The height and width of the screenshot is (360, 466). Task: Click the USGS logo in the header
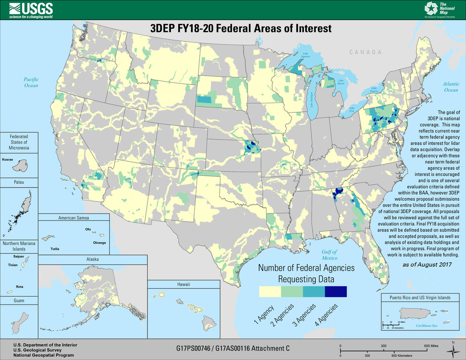coord(31,10)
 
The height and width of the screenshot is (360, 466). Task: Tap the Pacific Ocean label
coord(31,82)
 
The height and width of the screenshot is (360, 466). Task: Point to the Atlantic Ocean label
coord(451,87)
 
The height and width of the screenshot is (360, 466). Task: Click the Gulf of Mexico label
coord(329,255)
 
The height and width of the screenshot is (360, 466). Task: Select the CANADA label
coord(366,52)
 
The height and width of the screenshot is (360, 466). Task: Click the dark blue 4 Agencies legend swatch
coord(336,292)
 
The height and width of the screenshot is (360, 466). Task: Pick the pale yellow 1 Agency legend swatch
coord(270,292)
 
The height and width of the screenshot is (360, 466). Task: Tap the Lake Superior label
coord(305,55)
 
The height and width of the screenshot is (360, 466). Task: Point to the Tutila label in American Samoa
coord(55,249)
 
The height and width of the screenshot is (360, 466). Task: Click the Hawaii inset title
coord(183,284)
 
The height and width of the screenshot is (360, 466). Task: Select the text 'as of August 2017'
coord(427,264)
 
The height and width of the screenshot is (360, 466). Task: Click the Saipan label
coord(18,256)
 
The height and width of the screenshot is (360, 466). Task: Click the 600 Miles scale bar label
coord(431,346)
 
